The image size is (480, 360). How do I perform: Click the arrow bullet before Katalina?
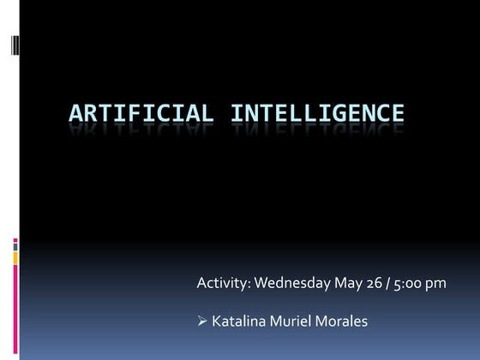(x=202, y=321)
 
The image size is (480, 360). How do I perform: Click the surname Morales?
(x=345, y=321)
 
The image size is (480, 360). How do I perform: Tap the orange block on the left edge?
(x=15, y=258)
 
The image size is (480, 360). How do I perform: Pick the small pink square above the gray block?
(x=15, y=241)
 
